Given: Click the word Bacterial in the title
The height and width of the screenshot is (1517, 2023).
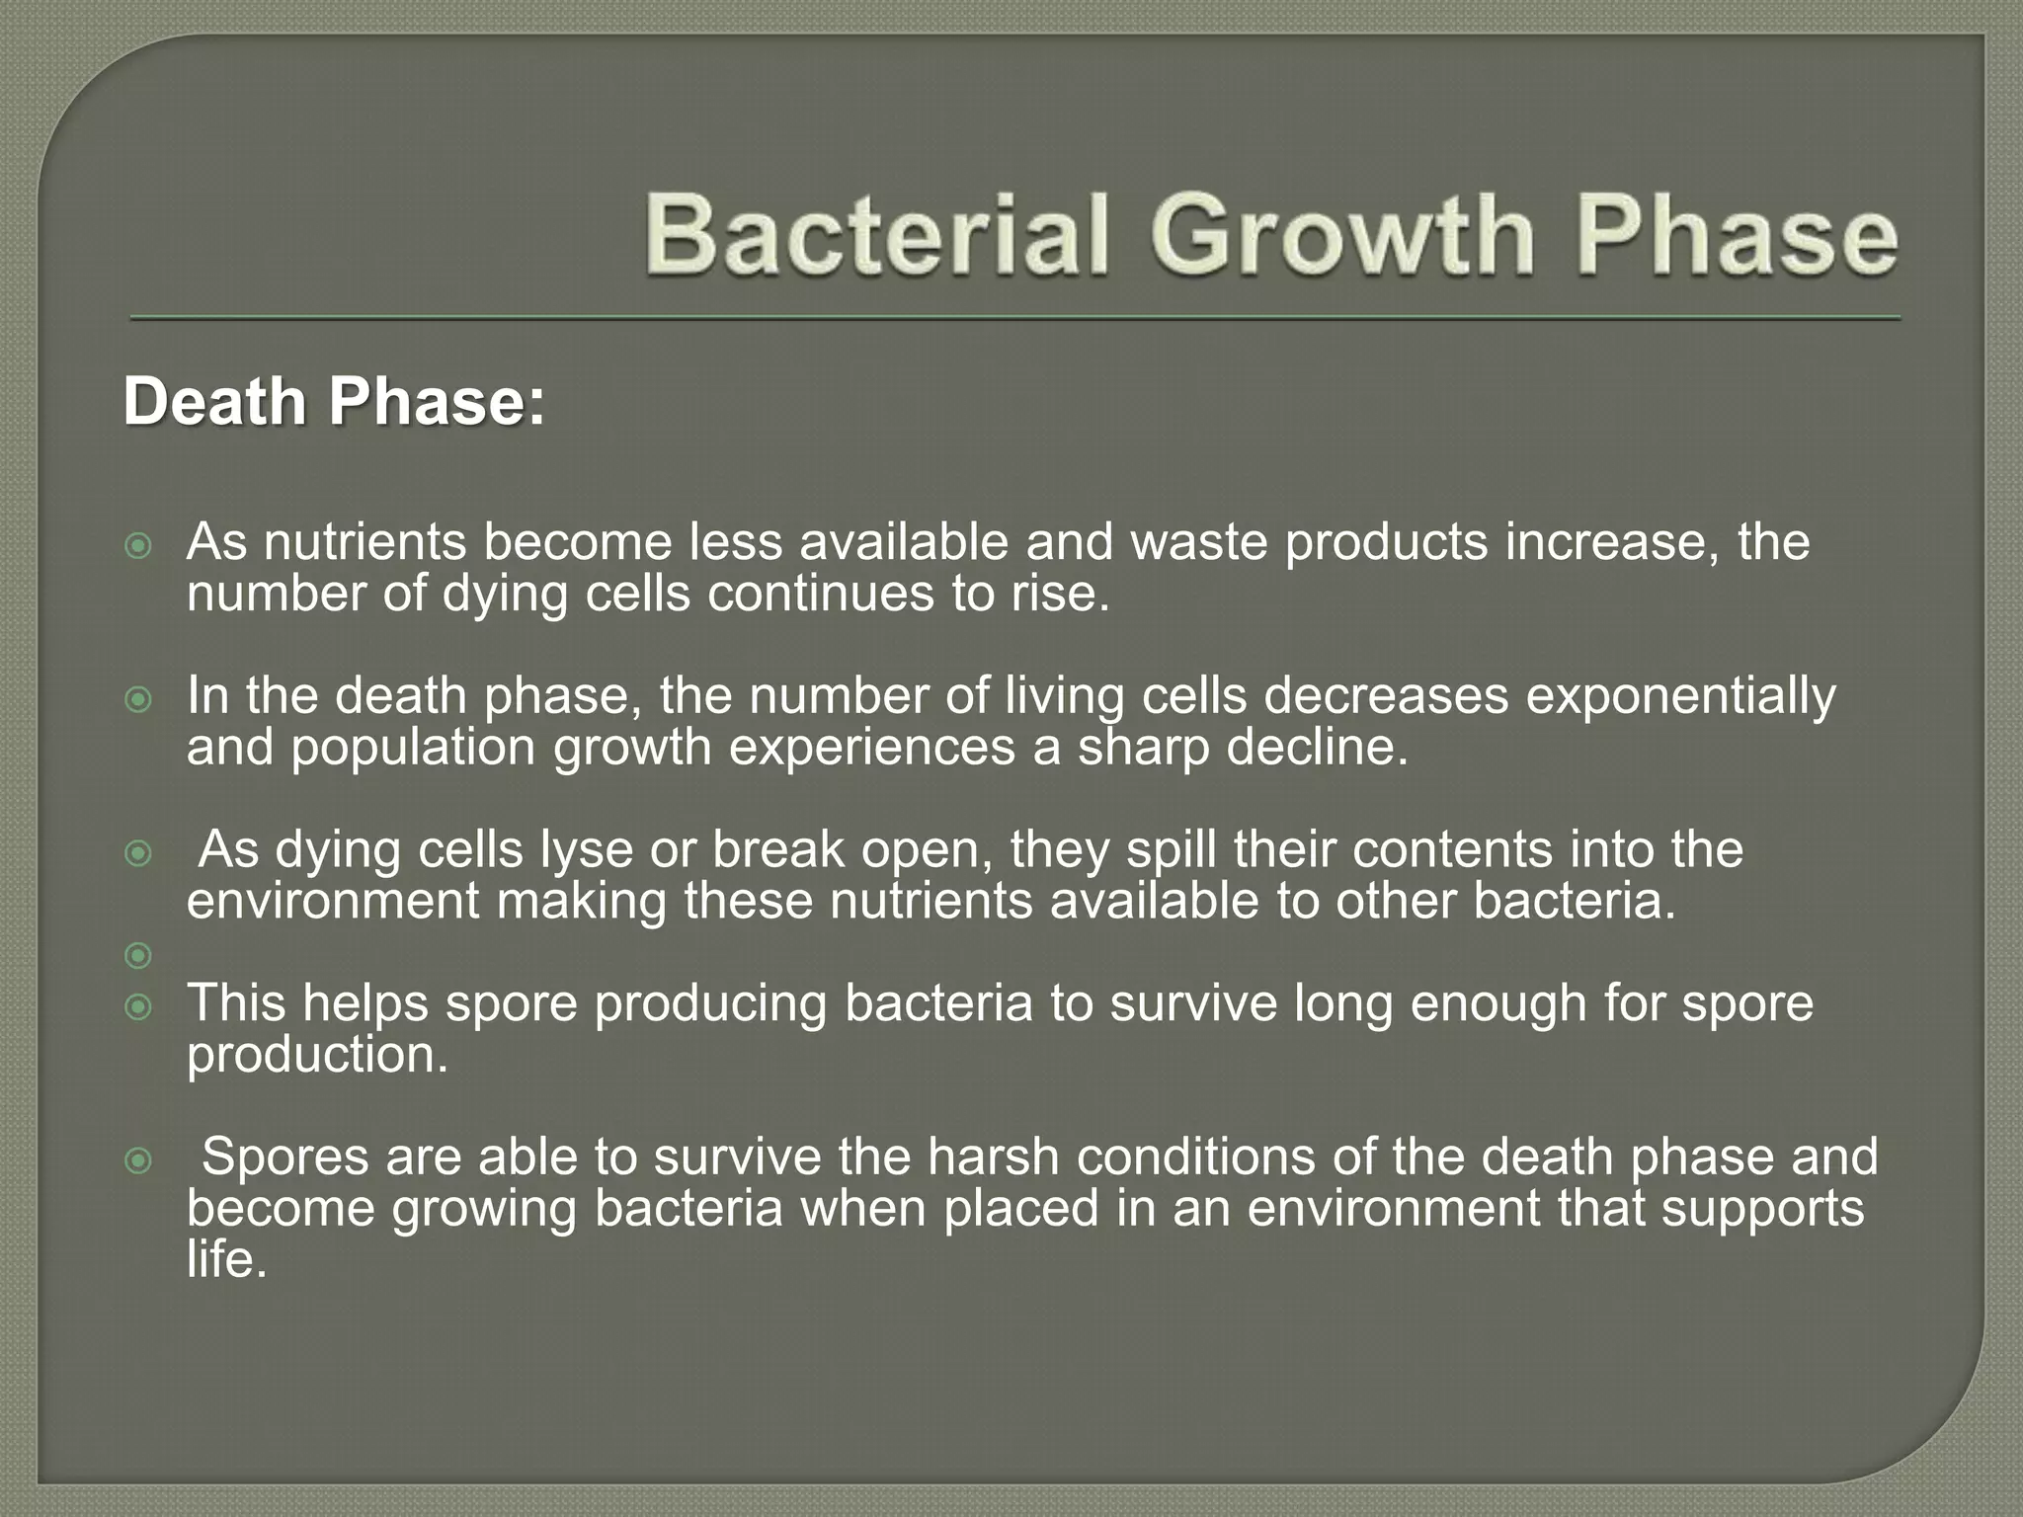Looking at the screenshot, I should click(x=875, y=235).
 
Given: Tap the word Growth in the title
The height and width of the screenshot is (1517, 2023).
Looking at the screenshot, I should click(x=1341, y=235).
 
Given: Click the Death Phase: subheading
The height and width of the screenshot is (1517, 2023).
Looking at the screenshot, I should click(x=333, y=403).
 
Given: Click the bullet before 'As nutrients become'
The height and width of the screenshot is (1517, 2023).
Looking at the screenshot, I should click(x=139, y=545).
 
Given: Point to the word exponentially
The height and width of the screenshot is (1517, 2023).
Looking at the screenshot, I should click(x=1680, y=695).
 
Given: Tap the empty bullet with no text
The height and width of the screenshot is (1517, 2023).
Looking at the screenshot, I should click(x=139, y=955).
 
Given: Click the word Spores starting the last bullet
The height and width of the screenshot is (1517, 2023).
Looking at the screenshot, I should click(x=285, y=1157).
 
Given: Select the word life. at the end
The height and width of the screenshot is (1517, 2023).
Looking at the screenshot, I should click(x=226, y=1261).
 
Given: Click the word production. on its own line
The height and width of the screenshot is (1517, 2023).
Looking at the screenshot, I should click(x=317, y=1056).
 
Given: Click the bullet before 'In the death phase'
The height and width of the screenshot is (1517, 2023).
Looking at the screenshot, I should click(x=139, y=699).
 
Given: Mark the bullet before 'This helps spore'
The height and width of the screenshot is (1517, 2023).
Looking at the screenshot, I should click(x=139, y=1007).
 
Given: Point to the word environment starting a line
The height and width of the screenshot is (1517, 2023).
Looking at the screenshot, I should click(x=333, y=902).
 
